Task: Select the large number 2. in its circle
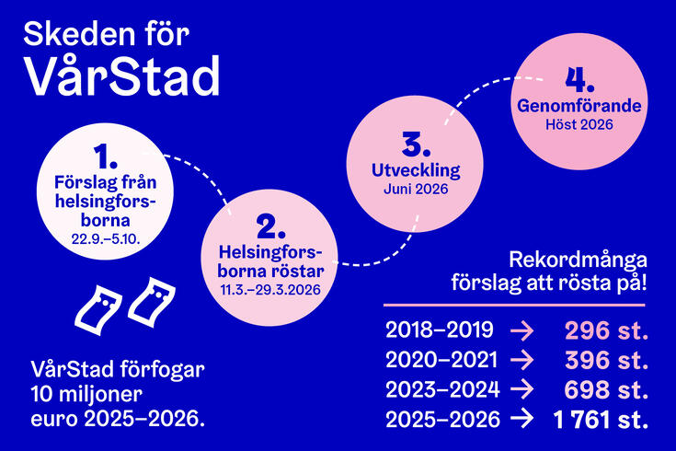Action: pyautogui.click(x=266, y=225)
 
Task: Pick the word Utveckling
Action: pyautogui.click(x=415, y=171)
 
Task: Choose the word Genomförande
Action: pyautogui.click(x=579, y=106)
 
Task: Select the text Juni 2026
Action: pyautogui.click(x=415, y=191)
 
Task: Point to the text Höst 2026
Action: pyautogui.click(x=579, y=124)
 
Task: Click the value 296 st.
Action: pyautogui.click(x=606, y=330)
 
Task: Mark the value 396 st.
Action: pyautogui.click(x=606, y=359)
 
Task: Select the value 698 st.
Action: pyautogui.click(x=606, y=388)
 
